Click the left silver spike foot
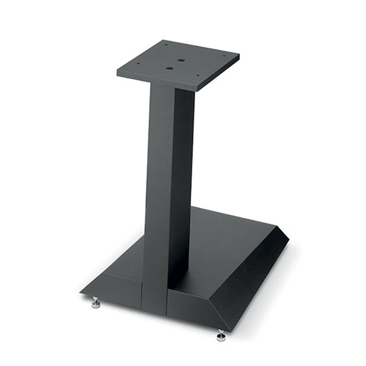96,303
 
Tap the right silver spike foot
221,335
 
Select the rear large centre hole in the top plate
181,60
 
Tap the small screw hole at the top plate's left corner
137,64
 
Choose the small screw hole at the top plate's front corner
197,76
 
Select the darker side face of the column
182,183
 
